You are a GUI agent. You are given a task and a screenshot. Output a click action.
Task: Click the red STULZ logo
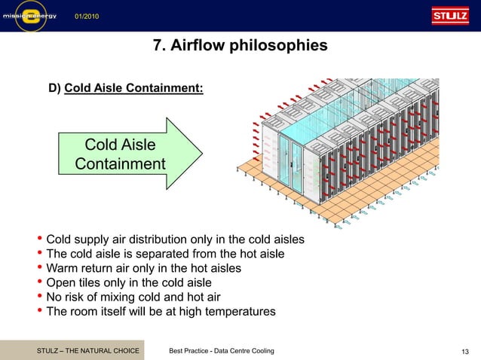pos(449,16)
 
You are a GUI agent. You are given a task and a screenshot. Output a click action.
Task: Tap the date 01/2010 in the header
pos(86,17)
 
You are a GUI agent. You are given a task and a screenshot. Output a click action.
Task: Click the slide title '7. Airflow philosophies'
pos(240,46)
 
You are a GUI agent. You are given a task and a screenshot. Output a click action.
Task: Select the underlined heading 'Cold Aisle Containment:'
pos(133,88)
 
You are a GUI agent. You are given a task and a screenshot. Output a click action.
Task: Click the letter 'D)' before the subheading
pos(55,88)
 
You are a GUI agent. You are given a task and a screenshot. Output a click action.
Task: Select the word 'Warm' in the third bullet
pos(63,268)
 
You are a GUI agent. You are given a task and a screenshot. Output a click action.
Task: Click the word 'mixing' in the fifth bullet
pos(133,297)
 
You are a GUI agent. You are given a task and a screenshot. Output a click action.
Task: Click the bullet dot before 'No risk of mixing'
pos(40,296)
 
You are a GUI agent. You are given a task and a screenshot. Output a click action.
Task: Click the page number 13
pos(465,352)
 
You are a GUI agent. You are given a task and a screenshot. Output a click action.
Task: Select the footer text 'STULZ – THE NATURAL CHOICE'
pos(88,352)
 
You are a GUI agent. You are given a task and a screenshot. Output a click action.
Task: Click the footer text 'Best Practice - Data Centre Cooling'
pos(222,352)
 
